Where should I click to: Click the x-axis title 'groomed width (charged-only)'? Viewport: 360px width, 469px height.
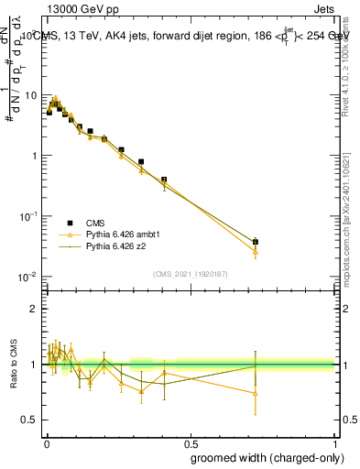point(263,457)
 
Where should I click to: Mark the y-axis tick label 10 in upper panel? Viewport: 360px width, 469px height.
point(30,95)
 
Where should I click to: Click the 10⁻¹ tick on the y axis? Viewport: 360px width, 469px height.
point(28,216)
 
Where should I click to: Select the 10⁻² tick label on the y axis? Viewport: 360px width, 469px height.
point(28,277)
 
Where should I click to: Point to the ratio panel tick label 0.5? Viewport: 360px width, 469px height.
point(32,420)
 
